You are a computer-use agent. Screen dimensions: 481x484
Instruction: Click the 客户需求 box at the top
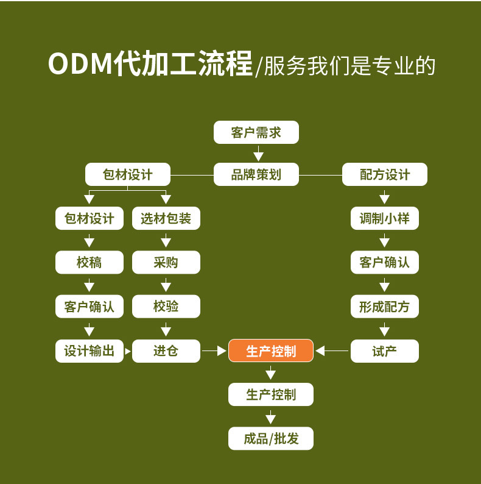click(256, 132)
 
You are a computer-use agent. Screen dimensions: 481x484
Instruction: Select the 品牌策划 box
click(256, 175)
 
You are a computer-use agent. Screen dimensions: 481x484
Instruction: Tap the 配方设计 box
click(385, 175)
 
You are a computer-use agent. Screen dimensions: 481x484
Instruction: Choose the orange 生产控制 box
click(271, 351)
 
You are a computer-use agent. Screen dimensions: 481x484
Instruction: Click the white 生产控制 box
click(271, 395)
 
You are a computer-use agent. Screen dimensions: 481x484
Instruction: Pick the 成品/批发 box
click(271, 438)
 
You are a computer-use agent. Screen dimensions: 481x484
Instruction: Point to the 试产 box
click(385, 351)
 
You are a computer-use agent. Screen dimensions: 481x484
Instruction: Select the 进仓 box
click(166, 351)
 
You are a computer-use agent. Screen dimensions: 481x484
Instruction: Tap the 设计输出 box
click(90, 351)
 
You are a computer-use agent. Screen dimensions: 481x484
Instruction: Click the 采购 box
click(166, 263)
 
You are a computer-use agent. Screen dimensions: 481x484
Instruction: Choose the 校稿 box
click(90, 263)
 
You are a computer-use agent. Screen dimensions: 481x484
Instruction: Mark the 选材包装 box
click(166, 218)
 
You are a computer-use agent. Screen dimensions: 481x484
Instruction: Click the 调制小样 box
click(385, 218)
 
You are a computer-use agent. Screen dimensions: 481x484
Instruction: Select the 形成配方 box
click(385, 307)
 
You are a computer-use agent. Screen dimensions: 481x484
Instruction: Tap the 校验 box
click(166, 307)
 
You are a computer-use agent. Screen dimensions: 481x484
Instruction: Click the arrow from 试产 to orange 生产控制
click(332, 351)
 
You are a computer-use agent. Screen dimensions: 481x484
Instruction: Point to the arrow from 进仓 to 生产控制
click(214, 351)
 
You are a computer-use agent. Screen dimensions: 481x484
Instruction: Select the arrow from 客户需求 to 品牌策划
click(259, 154)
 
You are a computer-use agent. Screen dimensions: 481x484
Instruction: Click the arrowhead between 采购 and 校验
click(166, 286)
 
